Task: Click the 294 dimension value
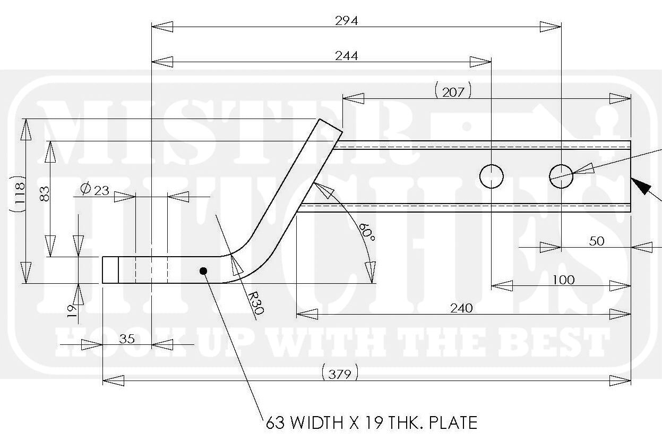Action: coord(346,21)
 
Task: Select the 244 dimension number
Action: coord(346,56)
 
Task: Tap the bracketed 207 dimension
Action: coord(453,92)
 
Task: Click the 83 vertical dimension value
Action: coord(45,194)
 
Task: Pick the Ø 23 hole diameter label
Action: coord(95,190)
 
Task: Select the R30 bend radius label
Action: coord(255,303)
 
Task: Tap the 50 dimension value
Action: coord(597,241)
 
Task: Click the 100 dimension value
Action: coord(563,280)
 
